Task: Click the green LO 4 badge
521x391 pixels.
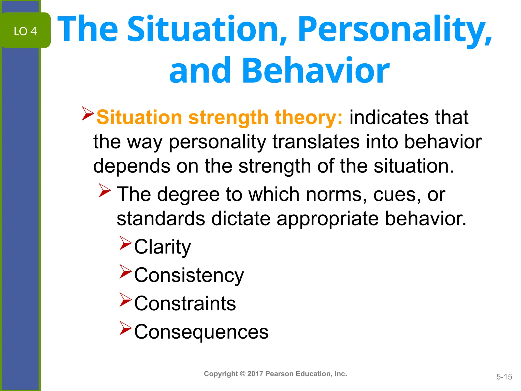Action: click(25, 31)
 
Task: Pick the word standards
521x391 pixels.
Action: click(161, 218)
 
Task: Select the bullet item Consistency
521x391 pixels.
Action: click(189, 275)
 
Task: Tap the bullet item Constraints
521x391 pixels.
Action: click(185, 303)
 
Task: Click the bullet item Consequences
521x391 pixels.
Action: click(201, 332)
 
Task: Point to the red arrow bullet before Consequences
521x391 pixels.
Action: click(125, 328)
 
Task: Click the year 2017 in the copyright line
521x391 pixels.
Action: click(255, 374)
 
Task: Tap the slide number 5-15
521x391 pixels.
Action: click(504, 377)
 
